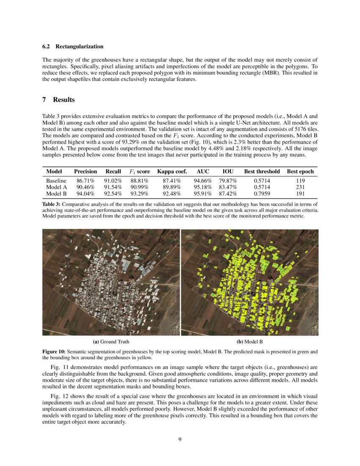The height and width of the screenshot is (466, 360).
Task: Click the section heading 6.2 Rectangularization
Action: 73,46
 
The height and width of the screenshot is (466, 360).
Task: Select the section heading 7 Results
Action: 58,100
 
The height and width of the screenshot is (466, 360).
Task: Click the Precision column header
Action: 86,172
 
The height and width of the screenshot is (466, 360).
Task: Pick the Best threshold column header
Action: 262,172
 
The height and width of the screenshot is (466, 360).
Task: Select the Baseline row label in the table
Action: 56,181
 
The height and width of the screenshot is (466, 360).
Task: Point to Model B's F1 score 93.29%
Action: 139,194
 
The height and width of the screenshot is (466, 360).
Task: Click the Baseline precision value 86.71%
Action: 86,181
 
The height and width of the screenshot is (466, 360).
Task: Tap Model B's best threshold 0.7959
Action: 262,194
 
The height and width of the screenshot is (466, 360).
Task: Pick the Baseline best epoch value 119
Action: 300,181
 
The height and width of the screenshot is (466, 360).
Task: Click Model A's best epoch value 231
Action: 300,187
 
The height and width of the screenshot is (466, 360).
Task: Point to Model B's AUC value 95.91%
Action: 202,194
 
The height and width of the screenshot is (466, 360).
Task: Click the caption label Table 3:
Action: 52,204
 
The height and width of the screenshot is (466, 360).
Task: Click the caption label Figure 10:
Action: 54,352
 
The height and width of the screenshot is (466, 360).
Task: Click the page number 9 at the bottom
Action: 180,439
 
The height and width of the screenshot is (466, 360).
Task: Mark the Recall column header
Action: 113,172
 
